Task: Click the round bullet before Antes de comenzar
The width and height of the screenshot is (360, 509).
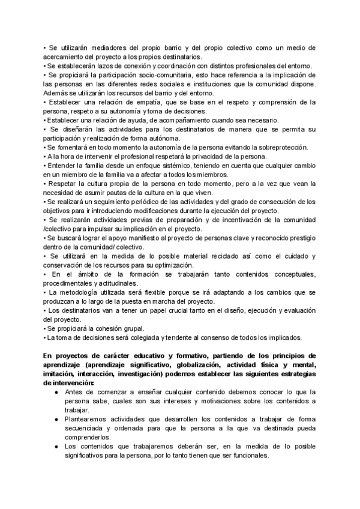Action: [55, 392]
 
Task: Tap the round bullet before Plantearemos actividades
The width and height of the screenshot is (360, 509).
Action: [55, 420]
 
